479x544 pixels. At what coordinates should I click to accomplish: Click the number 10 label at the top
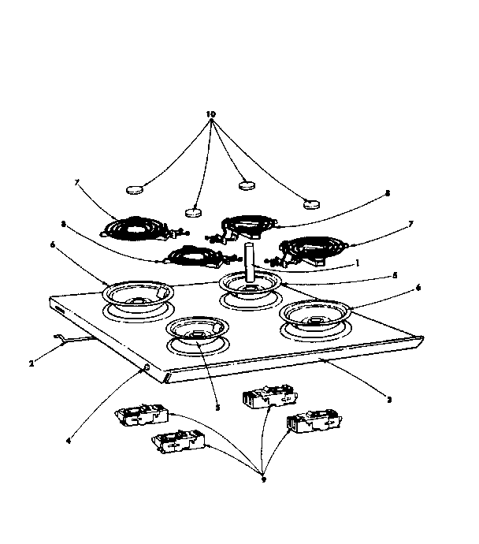pyautogui.click(x=210, y=114)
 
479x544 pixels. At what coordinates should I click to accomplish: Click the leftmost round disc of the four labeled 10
pyautogui.click(x=137, y=190)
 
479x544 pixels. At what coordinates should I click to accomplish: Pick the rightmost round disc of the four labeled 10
pyautogui.click(x=314, y=203)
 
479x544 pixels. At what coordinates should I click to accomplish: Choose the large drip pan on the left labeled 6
pyautogui.click(x=138, y=295)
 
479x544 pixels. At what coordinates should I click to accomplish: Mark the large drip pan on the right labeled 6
pyautogui.click(x=314, y=315)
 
